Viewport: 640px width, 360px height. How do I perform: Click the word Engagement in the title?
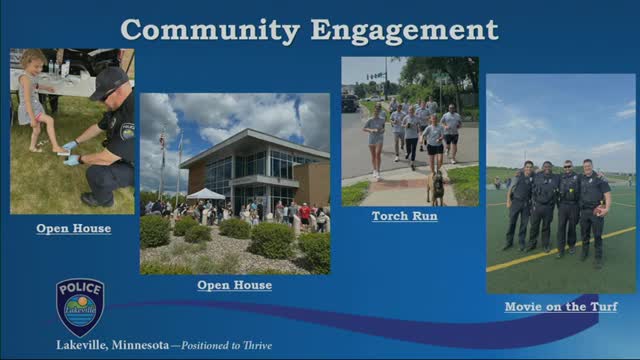click(x=406, y=30)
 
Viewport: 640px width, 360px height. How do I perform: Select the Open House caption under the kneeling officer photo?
click(x=73, y=229)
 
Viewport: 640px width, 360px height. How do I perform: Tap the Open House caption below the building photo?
click(x=234, y=285)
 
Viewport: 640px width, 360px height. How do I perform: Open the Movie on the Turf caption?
click(x=559, y=307)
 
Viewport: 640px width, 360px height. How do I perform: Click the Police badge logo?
click(x=80, y=305)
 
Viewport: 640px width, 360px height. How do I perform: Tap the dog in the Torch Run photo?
click(x=436, y=187)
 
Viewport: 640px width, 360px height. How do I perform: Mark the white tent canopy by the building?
click(x=206, y=194)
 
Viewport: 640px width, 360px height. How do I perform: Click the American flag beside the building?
click(x=162, y=139)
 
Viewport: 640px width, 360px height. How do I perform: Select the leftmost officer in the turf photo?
click(x=519, y=204)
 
